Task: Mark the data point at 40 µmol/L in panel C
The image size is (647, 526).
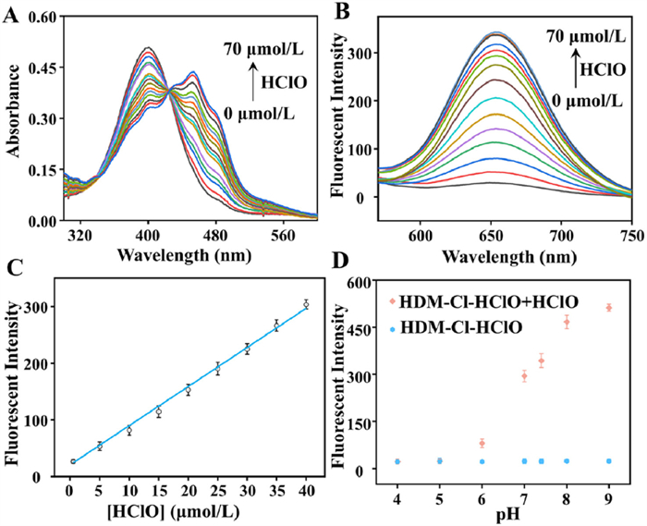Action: tap(306, 304)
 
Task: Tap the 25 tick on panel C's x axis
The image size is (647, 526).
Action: tap(217, 492)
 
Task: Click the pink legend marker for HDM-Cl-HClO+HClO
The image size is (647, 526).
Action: tap(395, 301)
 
